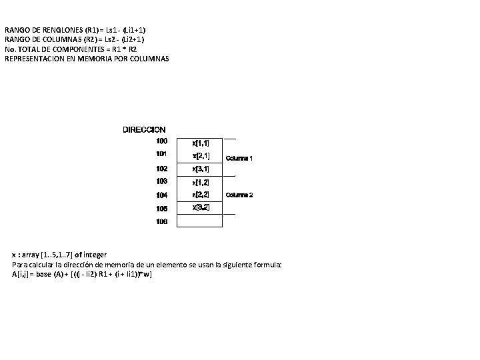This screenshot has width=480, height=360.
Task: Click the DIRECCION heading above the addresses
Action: click(144, 129)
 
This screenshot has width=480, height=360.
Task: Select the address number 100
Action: click(162, 141)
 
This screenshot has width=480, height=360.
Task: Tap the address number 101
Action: click(162, 154)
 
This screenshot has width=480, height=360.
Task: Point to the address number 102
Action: click(162, 169)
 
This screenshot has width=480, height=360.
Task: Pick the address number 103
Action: click(162, 181)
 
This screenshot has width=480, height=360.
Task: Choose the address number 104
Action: click(162, 195)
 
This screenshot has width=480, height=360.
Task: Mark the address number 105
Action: click(162, 209)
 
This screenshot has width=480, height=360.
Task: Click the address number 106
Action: click(162, 221)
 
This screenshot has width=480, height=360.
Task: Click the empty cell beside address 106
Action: click(200, 221)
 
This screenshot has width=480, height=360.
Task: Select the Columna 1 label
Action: click(239, 159)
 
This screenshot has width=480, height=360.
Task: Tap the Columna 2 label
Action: click(239, 195)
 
